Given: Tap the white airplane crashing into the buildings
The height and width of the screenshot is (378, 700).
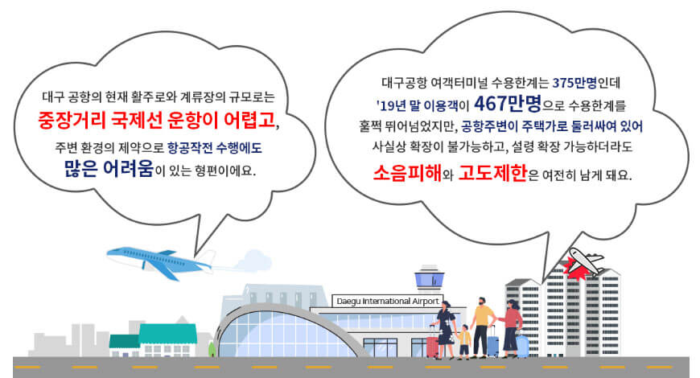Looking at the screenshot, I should (x=587, y=261).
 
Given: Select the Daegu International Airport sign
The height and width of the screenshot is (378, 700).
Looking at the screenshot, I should (x=387, y=301).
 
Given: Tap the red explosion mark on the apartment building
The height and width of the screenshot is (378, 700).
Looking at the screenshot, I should (x=576, y=273).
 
